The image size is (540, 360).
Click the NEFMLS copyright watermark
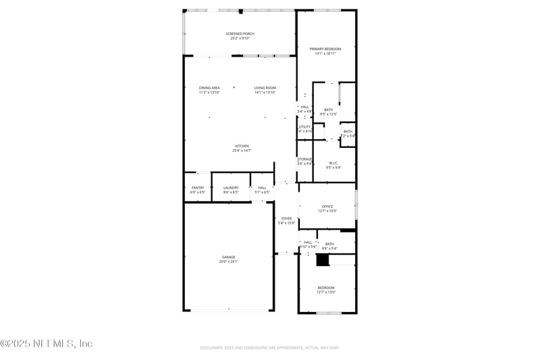pyautogui.click(x=46, y=344)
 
